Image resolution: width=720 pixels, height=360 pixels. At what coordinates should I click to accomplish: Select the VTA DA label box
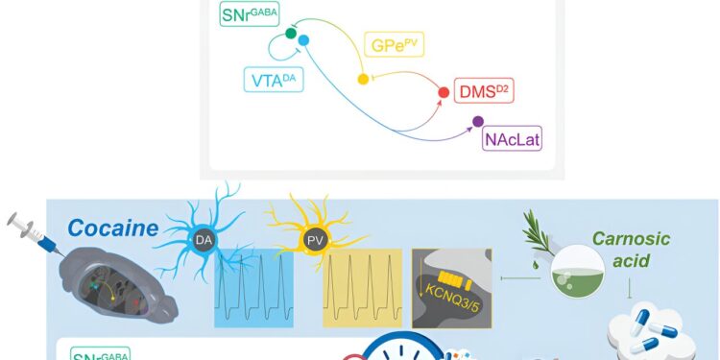coord(272,79)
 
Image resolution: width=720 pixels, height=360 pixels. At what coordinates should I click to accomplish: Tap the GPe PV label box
coord(395,45)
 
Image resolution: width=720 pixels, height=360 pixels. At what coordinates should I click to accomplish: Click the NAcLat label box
coord(514,140)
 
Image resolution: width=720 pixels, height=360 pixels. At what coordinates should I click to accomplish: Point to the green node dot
coord(291,34)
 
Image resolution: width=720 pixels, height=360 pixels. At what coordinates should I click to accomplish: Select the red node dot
coord(444,93)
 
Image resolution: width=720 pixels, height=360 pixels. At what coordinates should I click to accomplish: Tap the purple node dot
coord(477,122)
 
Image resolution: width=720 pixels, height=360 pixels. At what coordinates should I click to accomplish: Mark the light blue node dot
coord(303,40)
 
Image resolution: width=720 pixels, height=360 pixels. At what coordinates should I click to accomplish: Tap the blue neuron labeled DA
coord(204,238)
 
